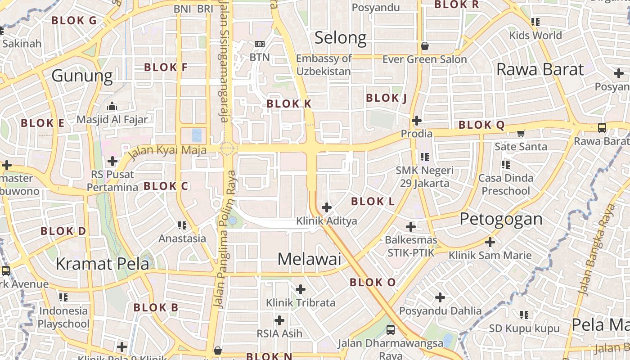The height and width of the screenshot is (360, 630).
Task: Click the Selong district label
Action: click(x=340, y=38)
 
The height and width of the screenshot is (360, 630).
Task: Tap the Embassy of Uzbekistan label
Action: click(x=324, y=65)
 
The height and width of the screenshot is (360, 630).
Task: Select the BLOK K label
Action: click(x=289, y=103)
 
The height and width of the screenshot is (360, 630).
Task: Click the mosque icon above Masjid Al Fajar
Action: click(x=112, y=107)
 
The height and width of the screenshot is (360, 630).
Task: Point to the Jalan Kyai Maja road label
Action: click(x=168, y=150)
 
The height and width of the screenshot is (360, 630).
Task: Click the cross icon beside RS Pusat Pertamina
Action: click(x=112, y=161)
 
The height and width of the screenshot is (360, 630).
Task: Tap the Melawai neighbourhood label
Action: click(x=309, y=259)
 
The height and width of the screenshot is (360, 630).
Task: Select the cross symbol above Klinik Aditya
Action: click(x=327, y=207)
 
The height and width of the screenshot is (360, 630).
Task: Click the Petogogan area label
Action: click(x=501, y=219)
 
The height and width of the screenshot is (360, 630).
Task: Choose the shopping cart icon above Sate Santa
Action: click(x=521, y=133)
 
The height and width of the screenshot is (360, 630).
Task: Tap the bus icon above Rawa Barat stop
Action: click(x=602, y=127)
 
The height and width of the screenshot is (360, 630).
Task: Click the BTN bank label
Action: click(x=260, y=57)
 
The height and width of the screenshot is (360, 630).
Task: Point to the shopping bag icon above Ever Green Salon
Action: click(x=424, y=46)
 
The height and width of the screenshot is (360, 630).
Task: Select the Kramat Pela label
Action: click(x=102, y=264)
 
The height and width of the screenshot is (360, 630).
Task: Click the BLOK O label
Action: click(x=373, y=283)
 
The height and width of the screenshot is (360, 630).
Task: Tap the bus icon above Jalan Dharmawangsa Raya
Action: click(x=391, y=329)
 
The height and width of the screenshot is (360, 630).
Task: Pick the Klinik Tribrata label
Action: click(x=301, y=303)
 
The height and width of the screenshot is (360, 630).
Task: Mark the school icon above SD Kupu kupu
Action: click(x=524, y=315)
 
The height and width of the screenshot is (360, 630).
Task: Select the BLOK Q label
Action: click(x=481, y=125)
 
